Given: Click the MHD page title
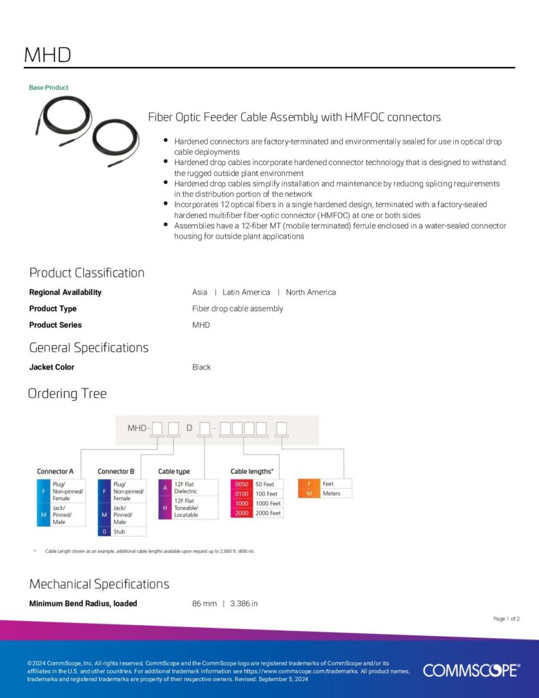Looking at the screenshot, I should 47,55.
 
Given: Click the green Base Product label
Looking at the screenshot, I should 48,87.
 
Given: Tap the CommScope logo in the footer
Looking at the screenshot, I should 471,670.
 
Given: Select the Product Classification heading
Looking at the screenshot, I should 87,273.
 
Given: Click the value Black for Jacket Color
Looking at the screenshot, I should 202,367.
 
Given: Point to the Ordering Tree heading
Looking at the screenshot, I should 67,393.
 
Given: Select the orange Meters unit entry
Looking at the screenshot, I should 332,494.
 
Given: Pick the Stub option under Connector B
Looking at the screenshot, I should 120,531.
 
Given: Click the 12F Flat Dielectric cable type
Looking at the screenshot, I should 187,487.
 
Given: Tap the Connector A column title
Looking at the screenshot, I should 55,471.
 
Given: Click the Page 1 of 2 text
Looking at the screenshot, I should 506,619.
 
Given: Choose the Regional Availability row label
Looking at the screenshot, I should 65,292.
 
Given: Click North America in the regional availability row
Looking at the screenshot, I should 311,292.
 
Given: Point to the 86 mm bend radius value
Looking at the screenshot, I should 204,603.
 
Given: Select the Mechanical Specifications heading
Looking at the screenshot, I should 99,584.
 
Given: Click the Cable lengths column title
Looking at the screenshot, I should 252,471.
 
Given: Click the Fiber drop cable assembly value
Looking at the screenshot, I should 237,309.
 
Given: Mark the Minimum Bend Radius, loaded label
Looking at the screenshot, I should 83,603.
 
